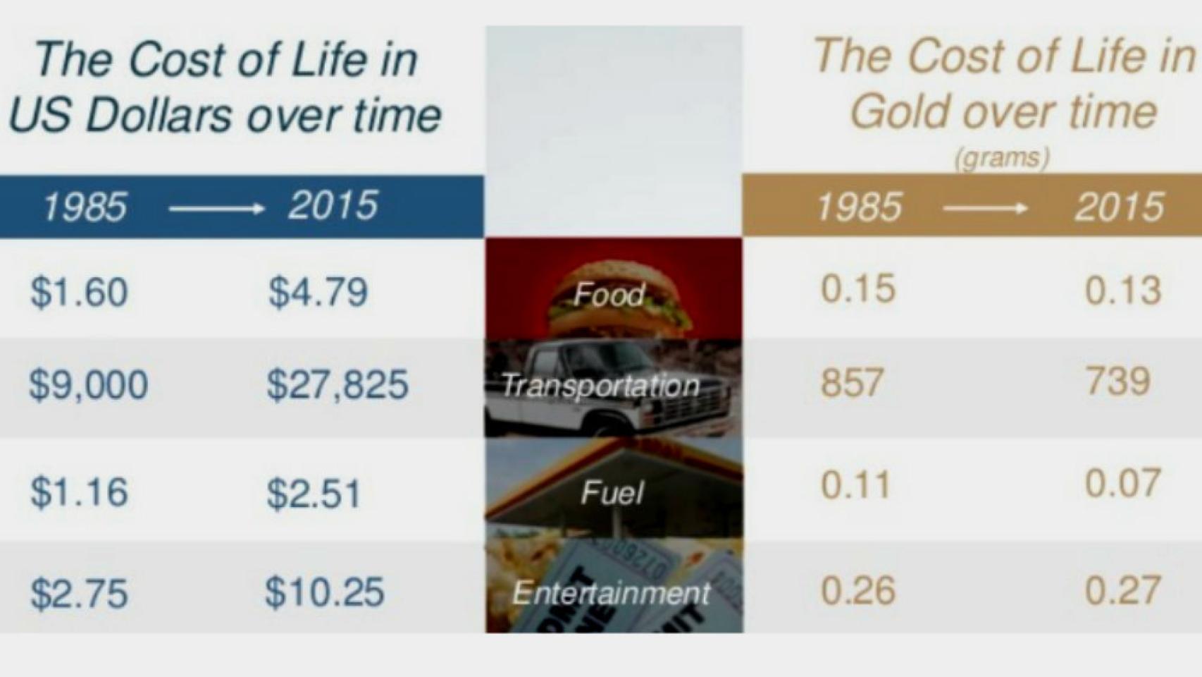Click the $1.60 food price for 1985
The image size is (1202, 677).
pos(79,292)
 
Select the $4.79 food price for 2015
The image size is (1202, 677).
pos(318,292)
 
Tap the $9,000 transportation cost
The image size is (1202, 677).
pos(89,385)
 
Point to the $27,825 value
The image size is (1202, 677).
pos(337,385)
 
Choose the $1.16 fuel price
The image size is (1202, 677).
pos(79,492)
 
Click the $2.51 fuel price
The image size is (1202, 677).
pos(314,493)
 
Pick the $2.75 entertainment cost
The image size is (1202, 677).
pos(79,592)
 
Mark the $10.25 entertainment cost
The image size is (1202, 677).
pos(325,592)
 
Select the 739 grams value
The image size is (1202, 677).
pos(1118,382)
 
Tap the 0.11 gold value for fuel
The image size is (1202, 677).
pos(855,485)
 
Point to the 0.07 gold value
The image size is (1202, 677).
pos(1122,484)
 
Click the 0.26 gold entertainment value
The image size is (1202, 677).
pos(857,590)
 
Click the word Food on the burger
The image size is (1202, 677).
pos(609,295)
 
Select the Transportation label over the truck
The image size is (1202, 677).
pos(600,386)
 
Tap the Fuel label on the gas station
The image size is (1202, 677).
pos(612,492)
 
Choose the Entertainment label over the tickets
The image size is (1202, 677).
pos(611,592)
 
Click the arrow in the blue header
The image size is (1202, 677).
pos(216,208)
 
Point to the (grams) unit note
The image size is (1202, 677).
pos(1001,157)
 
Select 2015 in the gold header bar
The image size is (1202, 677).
pos(1119,207)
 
